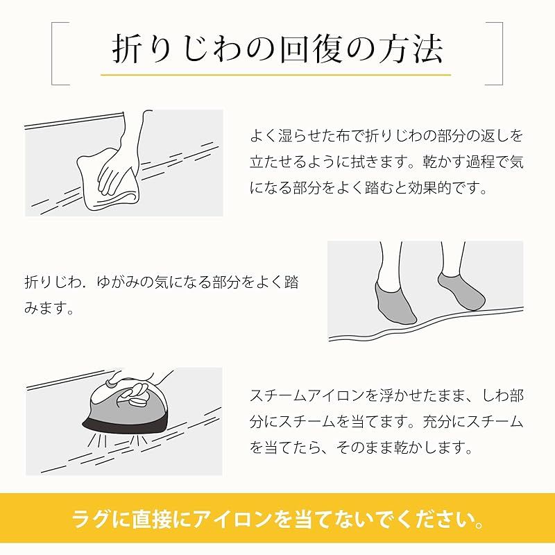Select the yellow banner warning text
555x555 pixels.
(x=277, y=520)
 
